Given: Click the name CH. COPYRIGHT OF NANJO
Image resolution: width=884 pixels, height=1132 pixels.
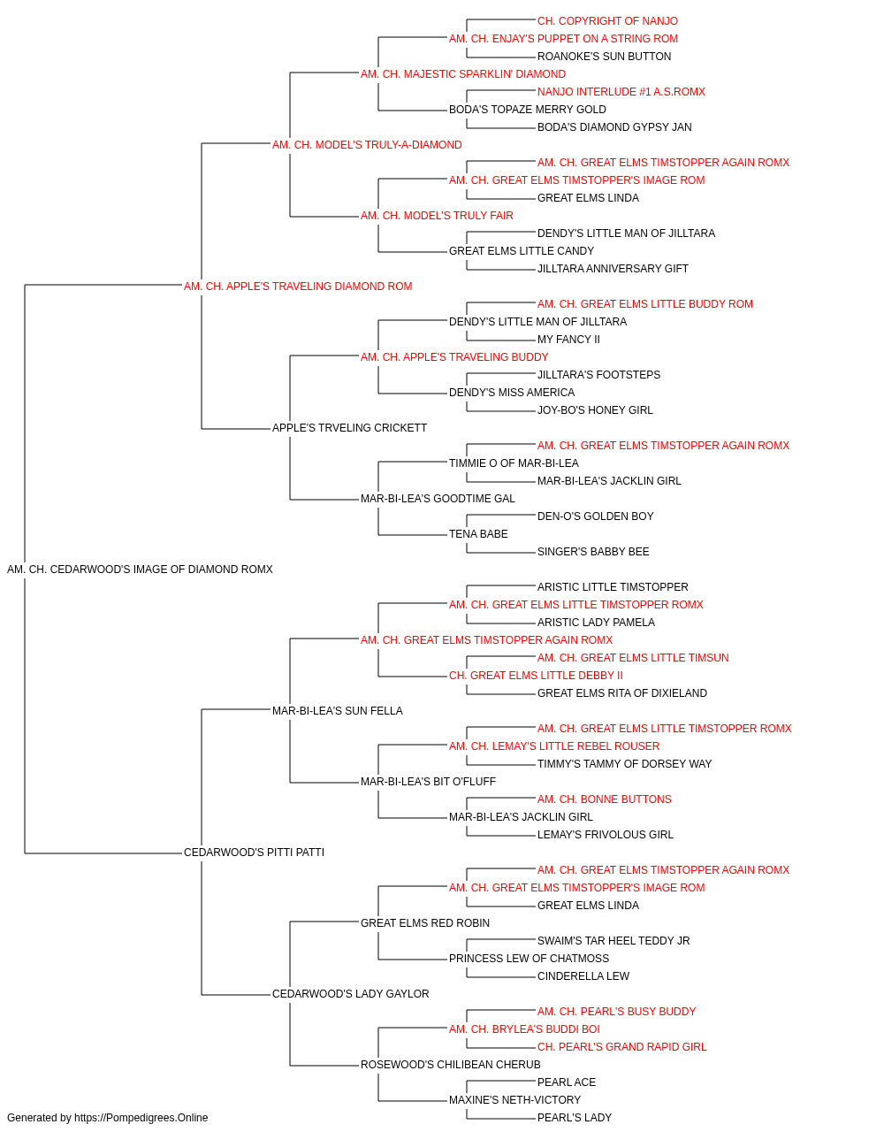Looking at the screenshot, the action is point(607,21).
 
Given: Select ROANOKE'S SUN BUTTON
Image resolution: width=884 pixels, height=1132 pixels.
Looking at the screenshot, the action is point(604,57).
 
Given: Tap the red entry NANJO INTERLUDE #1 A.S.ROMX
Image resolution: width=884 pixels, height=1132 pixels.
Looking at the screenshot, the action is point(621,92).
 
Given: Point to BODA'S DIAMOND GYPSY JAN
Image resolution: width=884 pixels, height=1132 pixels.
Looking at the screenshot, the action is point(614,127).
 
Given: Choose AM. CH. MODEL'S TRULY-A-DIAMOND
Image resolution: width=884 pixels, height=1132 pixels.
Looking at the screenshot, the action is point(367,145).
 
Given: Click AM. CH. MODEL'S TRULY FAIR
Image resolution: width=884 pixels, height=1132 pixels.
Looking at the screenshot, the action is point(437,216).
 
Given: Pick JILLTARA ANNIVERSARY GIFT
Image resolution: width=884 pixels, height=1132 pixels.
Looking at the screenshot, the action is point(613,269).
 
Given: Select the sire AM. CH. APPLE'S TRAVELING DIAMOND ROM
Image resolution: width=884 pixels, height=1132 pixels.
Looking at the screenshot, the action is point(298,287).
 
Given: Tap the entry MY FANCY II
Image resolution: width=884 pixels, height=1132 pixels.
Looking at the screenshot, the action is point(568,340).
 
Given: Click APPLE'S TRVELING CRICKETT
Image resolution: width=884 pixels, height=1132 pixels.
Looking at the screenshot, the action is point(349,428).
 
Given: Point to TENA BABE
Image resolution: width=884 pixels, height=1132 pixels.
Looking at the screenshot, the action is point(478,534).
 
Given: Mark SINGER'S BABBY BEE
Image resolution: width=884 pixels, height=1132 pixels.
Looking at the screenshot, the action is point(593,552).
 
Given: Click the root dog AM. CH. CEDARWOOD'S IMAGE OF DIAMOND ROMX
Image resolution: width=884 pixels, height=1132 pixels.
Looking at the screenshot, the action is point(140,570).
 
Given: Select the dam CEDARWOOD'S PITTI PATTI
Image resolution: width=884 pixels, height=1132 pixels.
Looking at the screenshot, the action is point(254,853).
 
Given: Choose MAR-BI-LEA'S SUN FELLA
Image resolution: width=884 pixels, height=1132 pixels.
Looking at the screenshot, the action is point(338,711).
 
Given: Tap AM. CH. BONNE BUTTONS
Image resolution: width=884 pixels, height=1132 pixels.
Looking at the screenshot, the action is point(605,799).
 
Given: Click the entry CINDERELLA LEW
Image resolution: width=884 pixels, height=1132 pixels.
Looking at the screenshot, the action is point(583,976).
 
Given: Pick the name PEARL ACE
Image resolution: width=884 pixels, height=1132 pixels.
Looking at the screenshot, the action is point(567,1082).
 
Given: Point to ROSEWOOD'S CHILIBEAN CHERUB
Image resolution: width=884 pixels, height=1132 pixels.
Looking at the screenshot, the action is point(450,1065).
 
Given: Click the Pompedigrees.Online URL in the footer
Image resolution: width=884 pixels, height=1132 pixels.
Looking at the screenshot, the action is point(141,1118).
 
